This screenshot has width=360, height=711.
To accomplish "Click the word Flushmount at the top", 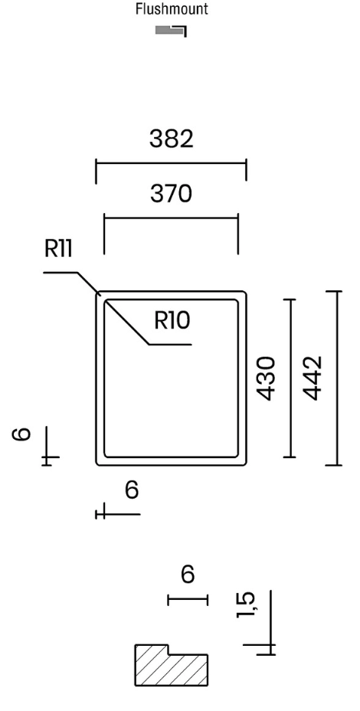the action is [x=172, y=9].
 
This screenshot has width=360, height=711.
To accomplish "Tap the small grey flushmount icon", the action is [x=171, y=31].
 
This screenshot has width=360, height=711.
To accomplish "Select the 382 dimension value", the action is [x=172, y=139].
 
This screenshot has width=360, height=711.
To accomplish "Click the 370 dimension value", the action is [x=171, y=194].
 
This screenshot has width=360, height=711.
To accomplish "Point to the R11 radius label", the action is [x=58, y=248].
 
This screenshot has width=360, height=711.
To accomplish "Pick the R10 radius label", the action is [x=172, y=320].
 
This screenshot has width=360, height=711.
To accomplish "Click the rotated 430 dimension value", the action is [x=266, y=378].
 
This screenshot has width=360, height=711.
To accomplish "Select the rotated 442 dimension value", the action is [x=313, y=378].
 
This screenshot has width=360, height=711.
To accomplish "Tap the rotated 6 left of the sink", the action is [x=21, y=434].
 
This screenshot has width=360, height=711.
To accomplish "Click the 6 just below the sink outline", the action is [x=132, y=490].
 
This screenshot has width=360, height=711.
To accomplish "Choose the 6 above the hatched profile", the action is [x=188, y=574].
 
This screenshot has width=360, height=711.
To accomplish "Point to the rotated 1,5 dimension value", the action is [x=246, y=605].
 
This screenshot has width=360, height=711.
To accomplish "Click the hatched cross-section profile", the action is [x=172, y=665].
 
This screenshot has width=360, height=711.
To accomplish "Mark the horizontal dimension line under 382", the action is [x=171, y=163].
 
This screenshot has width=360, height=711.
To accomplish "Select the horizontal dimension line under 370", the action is [x=171, y=218].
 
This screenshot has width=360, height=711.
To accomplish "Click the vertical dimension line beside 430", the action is [x=290, y=378].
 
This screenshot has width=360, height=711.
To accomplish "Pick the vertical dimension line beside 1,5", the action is [x=270, y=623].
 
